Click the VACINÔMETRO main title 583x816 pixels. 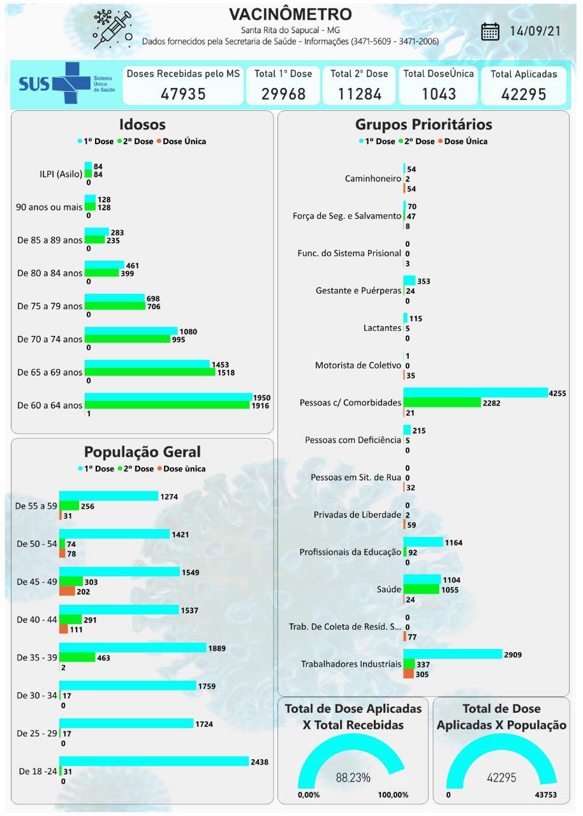point(290,14)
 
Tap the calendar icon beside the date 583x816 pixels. point(490,31)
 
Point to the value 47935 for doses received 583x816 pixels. point(183,94)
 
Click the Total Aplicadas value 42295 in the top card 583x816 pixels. point(524,94)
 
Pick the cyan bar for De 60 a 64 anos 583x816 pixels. point(168,397)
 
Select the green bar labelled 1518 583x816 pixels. point(149,372)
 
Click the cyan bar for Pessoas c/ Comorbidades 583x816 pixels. point(475,392)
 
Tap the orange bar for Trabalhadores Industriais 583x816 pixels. point(408,674)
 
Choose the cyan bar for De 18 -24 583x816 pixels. point(154,761)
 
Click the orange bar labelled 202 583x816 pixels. point(67,591)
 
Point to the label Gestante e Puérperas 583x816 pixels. point(358,291)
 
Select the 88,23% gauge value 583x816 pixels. point(353,778)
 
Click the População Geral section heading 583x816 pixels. point(142,452)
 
